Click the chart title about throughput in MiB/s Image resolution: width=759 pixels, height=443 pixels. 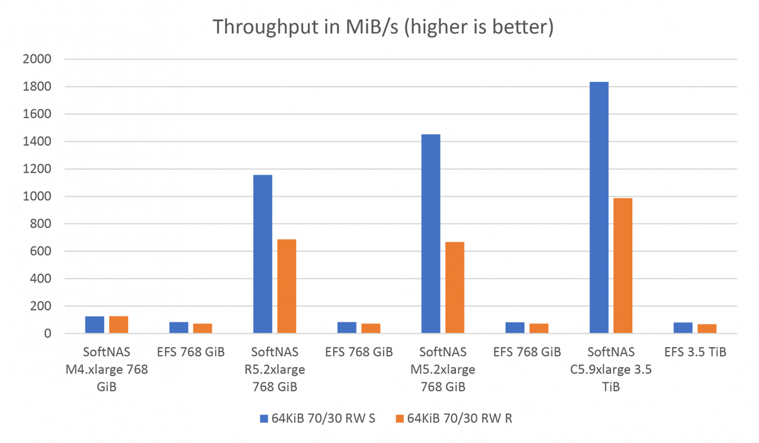[383, 27]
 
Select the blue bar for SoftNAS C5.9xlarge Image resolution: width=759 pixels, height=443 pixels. [599, 208]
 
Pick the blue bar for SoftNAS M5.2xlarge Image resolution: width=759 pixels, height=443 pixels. [430, 234]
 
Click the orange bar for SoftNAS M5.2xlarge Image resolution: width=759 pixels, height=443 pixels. [455, 288]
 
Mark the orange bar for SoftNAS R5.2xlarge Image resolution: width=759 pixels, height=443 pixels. [286, 287]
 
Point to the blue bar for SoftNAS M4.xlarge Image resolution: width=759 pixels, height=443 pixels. [95, 325]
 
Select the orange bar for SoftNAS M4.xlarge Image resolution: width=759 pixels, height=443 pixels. [119, 325]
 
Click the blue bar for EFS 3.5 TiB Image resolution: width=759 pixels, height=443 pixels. [683, 328]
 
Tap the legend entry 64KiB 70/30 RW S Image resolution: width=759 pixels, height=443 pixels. [317, 419]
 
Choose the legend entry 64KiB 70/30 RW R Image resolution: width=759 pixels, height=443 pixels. [453, 419]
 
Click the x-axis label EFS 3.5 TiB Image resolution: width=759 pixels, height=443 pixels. [695, 352]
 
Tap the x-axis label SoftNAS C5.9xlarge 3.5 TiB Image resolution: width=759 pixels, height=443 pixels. [611, 369]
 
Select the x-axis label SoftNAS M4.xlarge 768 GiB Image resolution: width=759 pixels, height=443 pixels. [107, 369]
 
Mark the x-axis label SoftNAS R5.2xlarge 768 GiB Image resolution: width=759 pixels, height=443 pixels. [275, 369]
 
